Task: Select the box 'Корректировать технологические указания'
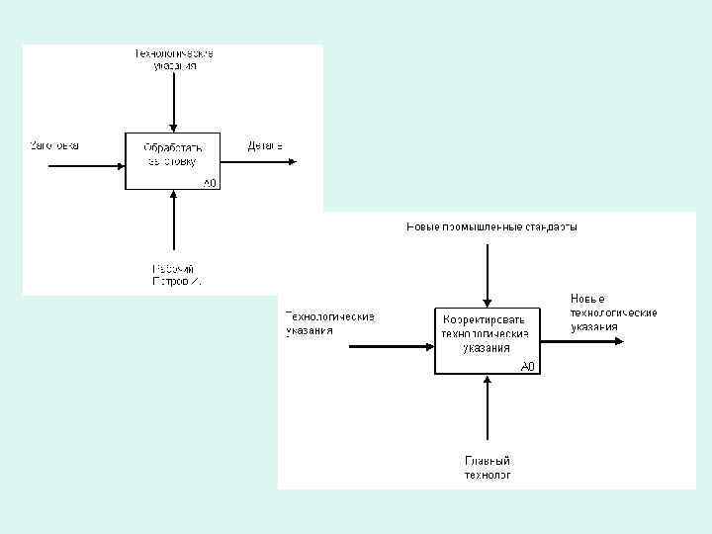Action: click(489, 340)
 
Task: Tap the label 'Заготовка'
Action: click(54, 145)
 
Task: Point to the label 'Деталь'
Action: click(265, 146)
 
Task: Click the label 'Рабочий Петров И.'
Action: click(174, 275)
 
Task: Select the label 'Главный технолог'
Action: click(488, 467)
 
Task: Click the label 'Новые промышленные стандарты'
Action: click(491, 226)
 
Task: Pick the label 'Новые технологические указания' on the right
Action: click(613, 312)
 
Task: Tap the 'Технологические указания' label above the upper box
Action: click(174, 58)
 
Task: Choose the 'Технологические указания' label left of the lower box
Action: click(329, 323)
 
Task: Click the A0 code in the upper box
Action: click(211, 183)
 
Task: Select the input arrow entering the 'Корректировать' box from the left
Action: click(392, 346)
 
